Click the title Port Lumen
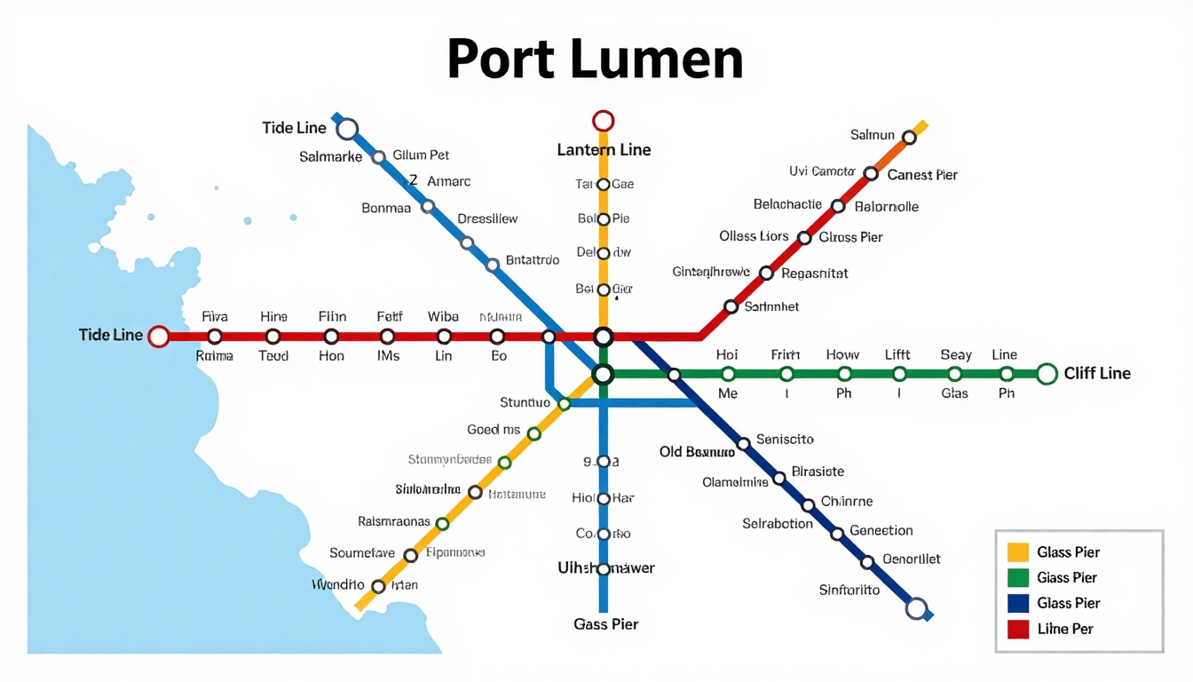tap(595, 60)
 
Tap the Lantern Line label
tap(604, 150)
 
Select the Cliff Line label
tap(1097, 374)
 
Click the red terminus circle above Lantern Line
tap(604, 121)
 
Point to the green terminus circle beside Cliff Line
tap(1047, 374)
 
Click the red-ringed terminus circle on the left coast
tap(159, 337)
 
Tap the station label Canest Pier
tap(922, 175)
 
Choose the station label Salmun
tap(873, 135)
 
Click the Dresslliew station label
tap(487, 218)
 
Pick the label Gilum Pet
tap(421, 155)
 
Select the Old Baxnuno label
tap(697, 452)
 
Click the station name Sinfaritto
tap(849, 590)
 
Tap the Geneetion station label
tap(881, 531)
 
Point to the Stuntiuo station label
tap(525, 403)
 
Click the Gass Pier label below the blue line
tap(606, 624)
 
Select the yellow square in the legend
tap(1018, 552)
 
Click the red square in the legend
tap(1018, 630)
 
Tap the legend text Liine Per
tap(1065, 630)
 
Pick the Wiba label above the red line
tap(443, 317)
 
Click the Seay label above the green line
tap(956, 354)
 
